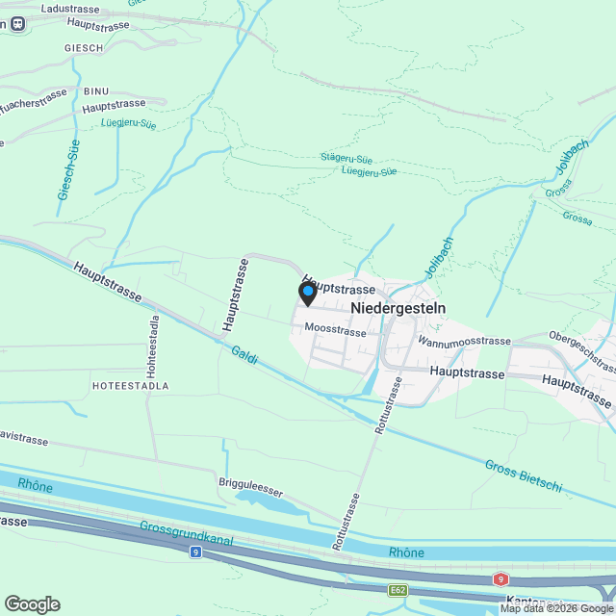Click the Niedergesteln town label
[398, 308]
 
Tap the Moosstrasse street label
[335, 331]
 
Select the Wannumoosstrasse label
[464, 342]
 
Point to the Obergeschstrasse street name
[580, 351]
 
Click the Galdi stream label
[244, 357]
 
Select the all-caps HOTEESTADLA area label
[130, 385]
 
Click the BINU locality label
[96, 91]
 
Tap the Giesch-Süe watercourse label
[68, 171]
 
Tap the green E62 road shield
[398, 589]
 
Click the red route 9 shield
[500, 579]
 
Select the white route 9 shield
[195, 552]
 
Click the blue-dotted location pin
[307, 293]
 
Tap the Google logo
[32, 604]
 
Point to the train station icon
[16, 26]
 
